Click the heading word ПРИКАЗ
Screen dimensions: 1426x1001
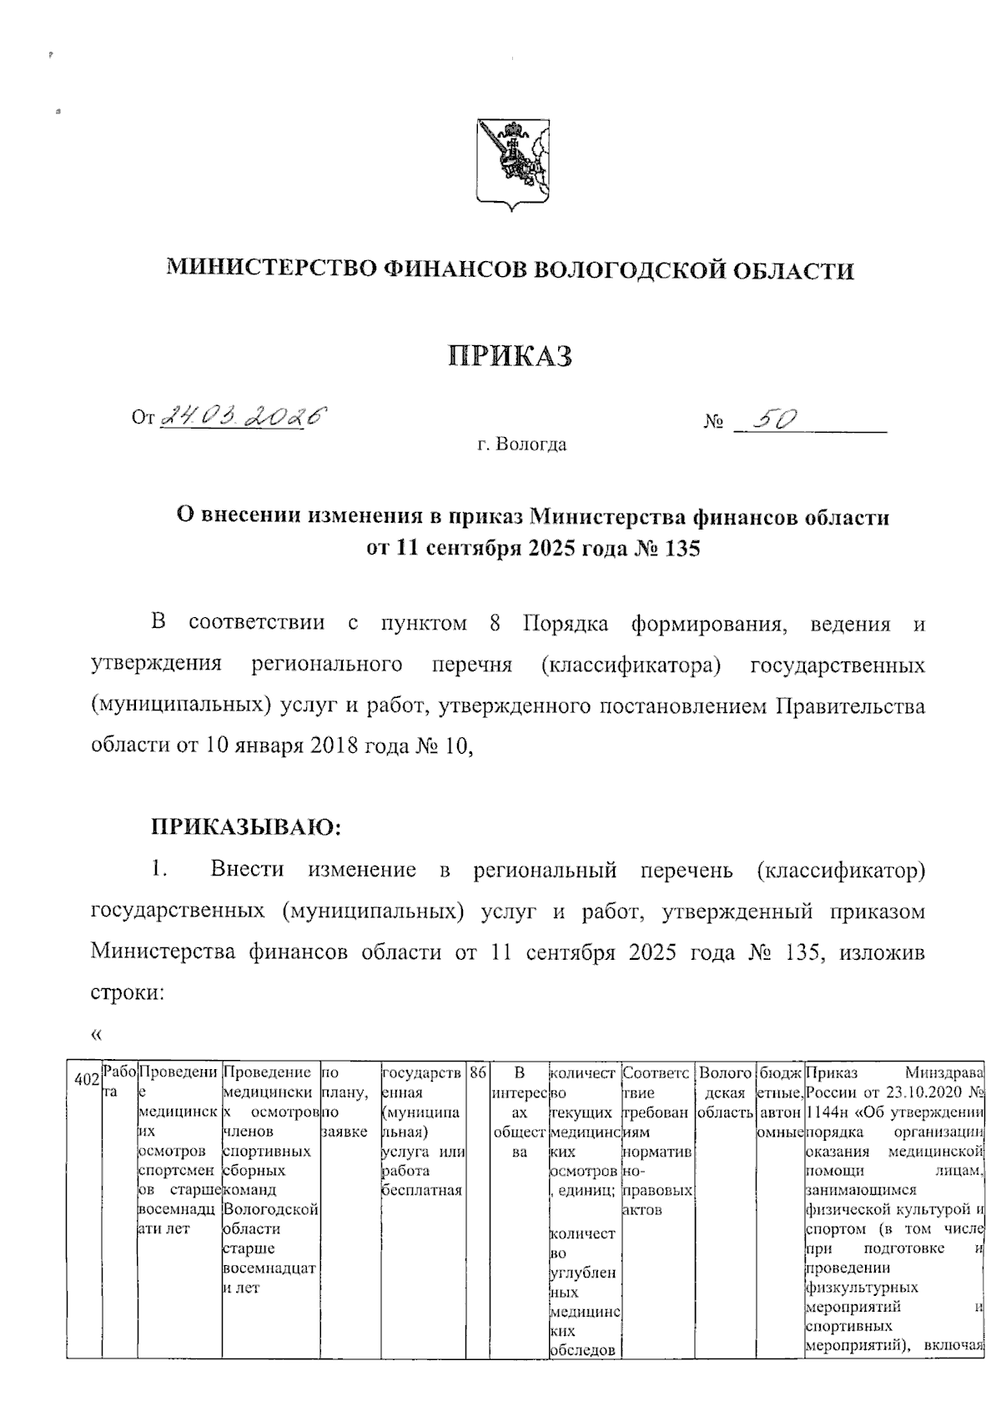(x=511, y=356)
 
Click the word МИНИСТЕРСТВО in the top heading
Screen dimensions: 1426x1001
(x=270, y=269)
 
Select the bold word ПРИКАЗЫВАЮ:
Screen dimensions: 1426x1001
(x=246, y=827)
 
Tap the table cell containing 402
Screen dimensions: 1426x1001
(x=84, y=1081)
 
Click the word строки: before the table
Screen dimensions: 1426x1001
(x=125, y=992)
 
